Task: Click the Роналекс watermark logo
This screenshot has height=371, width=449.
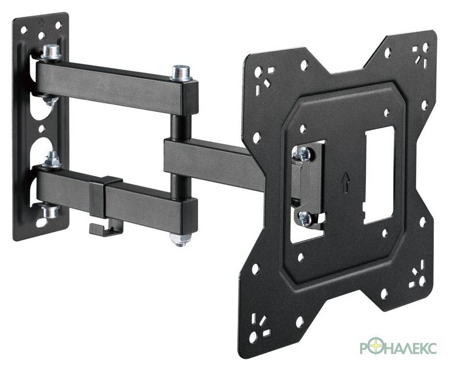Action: coord(398,348)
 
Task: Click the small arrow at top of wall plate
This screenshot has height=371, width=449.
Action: coord(42,22)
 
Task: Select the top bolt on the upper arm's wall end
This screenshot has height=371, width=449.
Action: coord(52,52)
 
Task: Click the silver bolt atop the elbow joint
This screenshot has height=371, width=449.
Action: coord(181,73)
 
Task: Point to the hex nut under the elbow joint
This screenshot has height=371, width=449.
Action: coord(180,239)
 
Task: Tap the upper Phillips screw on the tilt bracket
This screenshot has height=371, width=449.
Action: coord(303,153)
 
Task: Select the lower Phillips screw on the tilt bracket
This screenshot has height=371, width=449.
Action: coord(306,219)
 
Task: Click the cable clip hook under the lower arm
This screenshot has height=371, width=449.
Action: coord(106,230)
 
